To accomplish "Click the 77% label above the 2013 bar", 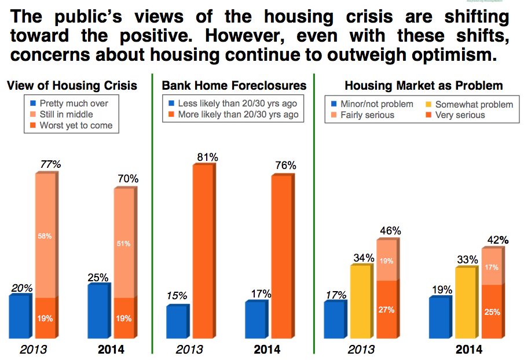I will click(49, 165).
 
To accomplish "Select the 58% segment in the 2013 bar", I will click(46, 236).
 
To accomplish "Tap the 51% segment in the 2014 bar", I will click(124, 243).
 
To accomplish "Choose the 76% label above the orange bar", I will click(285, 166).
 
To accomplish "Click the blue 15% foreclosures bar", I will click(177, 322).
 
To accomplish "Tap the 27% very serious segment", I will click(386, 310).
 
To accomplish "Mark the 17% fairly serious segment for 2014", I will click(492, 267).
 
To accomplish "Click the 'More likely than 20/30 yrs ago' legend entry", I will click(237, 115).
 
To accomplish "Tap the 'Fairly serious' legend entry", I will click(367, 115).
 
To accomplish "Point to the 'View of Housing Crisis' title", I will click(72, 86).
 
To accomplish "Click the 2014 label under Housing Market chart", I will click(469, 350).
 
